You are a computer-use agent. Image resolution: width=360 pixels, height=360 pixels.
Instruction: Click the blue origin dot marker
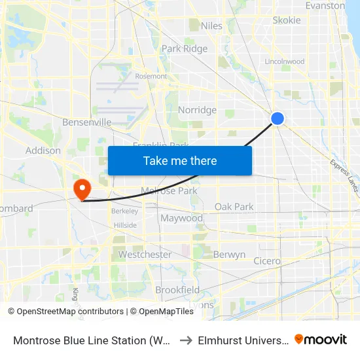tap(278, 118)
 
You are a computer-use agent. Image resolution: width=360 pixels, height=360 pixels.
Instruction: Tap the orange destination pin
tap(82, 189)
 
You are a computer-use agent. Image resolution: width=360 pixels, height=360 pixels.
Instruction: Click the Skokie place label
tap(287, 20)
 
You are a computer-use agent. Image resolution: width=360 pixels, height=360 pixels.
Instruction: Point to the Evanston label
tap(325, 5)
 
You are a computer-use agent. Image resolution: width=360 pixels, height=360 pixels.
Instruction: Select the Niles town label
tap(211, 26)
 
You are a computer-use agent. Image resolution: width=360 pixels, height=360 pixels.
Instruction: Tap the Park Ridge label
tap(185, 48)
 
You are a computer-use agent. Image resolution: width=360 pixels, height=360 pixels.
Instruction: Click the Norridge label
tap(197, 110)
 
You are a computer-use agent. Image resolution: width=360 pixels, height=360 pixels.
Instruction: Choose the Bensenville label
tap(86, 122)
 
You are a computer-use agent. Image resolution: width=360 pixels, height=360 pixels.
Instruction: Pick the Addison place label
tap(43, 151)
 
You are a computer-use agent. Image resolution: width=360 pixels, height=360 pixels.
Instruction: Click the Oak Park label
tap(234, 207)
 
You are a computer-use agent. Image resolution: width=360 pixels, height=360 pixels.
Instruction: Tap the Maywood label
tap(181, 218)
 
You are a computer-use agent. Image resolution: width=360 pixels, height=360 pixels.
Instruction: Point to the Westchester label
tap(145, 255)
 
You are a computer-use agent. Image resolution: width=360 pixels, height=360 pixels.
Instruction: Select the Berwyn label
tap(229, 255)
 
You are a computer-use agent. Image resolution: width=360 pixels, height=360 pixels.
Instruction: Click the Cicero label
tap(267, 261)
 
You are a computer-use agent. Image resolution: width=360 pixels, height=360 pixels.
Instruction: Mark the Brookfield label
tap(177, 290)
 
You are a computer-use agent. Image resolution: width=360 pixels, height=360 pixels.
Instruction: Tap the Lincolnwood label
tap(284, 62)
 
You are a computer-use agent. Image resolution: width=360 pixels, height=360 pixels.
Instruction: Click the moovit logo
tap(321, 339)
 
